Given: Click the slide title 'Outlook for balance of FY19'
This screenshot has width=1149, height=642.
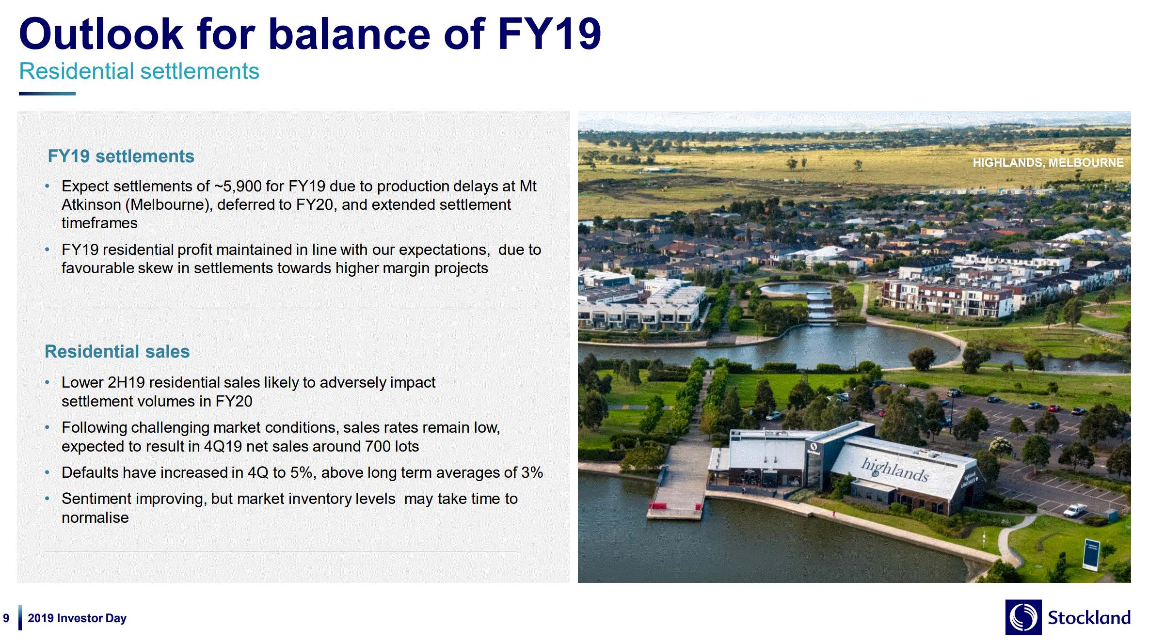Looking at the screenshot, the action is [310, 34].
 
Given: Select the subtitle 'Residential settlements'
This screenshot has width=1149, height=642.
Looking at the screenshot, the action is [139, 71].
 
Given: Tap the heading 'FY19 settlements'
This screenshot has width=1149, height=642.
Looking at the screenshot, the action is [121, 156].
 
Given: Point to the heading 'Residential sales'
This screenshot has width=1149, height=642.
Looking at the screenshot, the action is [117, 351].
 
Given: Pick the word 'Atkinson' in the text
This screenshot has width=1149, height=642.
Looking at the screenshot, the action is [91, 204].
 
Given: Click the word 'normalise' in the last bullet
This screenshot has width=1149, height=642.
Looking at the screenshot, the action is [95, 517].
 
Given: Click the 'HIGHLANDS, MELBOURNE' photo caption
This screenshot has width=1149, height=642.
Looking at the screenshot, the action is [1048, 163].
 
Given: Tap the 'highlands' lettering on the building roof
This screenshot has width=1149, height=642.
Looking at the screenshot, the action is [895, 470].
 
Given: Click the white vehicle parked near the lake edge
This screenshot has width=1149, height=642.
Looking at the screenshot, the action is [1074, 510].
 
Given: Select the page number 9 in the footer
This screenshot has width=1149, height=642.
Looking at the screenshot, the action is [6, 618].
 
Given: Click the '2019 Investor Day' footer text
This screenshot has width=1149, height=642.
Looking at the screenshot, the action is [77, 618].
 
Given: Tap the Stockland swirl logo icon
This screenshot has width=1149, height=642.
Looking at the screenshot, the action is [1023, 617].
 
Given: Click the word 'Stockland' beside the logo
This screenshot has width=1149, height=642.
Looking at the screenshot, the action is [1089, 618].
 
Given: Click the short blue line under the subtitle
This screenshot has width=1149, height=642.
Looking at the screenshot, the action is [47, 94].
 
